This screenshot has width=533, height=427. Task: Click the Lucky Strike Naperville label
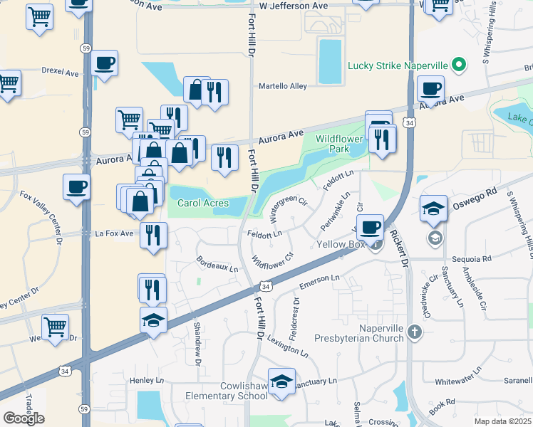tap(397, 66)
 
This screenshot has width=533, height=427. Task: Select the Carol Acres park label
tap(203, 204)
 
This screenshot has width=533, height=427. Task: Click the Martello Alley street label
tap(283, 86)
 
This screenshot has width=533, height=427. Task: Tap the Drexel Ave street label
tap(61, 73)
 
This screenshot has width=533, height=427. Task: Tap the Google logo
tap(24, 418)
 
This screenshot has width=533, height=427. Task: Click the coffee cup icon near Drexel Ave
tap(105, 63)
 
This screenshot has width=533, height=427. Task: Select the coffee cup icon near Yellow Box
tap(370, 227)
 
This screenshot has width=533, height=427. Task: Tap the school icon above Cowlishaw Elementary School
tap(281, 381)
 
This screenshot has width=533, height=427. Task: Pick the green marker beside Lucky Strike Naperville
tap(458, 66)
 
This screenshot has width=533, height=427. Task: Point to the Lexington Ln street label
tap(289, 343)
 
